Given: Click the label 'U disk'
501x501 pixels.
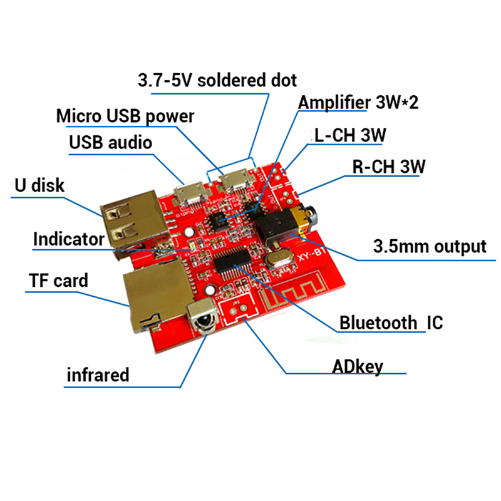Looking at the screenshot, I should (39, 185).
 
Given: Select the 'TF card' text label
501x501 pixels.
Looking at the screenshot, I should (58, 279).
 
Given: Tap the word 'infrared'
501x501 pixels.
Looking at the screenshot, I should (98, 374).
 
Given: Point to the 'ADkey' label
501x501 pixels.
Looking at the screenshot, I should (358, 366).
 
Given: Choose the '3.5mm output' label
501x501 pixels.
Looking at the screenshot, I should (430, 246).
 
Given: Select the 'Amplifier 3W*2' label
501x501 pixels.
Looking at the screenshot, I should (358, 102).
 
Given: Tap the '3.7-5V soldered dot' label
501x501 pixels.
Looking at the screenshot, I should (217, 80).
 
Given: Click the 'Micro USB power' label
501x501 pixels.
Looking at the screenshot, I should (125, 116).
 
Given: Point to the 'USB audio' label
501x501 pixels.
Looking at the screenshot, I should (110, 142).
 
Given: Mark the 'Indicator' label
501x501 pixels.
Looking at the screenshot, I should (68, 239).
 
